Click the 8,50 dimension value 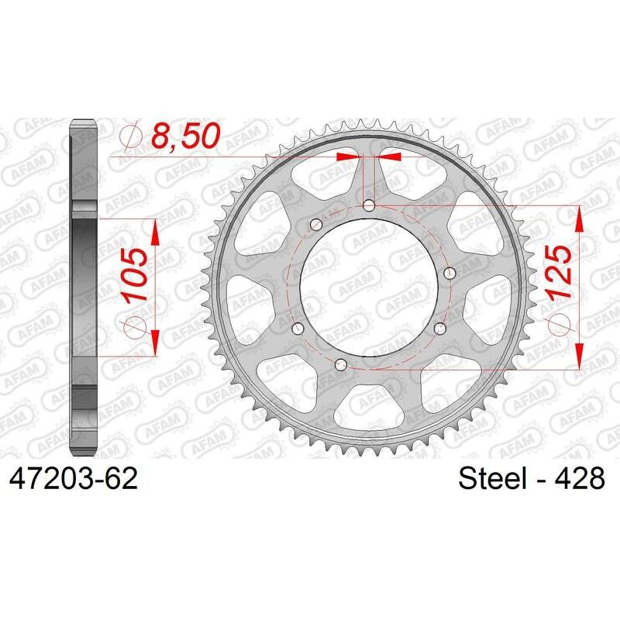[x=184, y=138]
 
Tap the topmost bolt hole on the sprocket [x=369, y=205]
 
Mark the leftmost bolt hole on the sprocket [x=294, y=327]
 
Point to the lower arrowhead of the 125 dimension [x=577, y=356]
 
